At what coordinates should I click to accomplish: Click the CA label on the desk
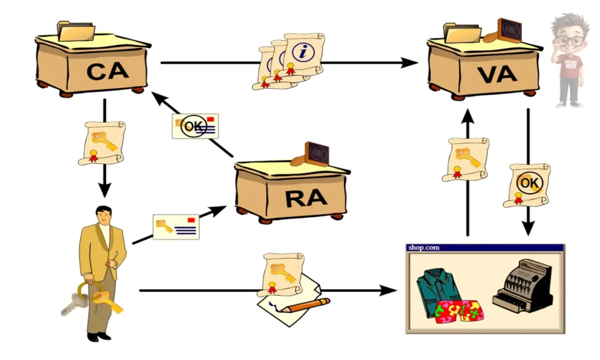click(x=108, y=71)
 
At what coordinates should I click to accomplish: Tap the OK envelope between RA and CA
click(x=195, y=126)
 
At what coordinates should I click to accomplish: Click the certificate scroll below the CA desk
click(x=101, y=142)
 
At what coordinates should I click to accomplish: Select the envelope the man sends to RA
click(x=176, y=227)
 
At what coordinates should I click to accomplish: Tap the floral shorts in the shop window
click(x=459, y=311)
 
